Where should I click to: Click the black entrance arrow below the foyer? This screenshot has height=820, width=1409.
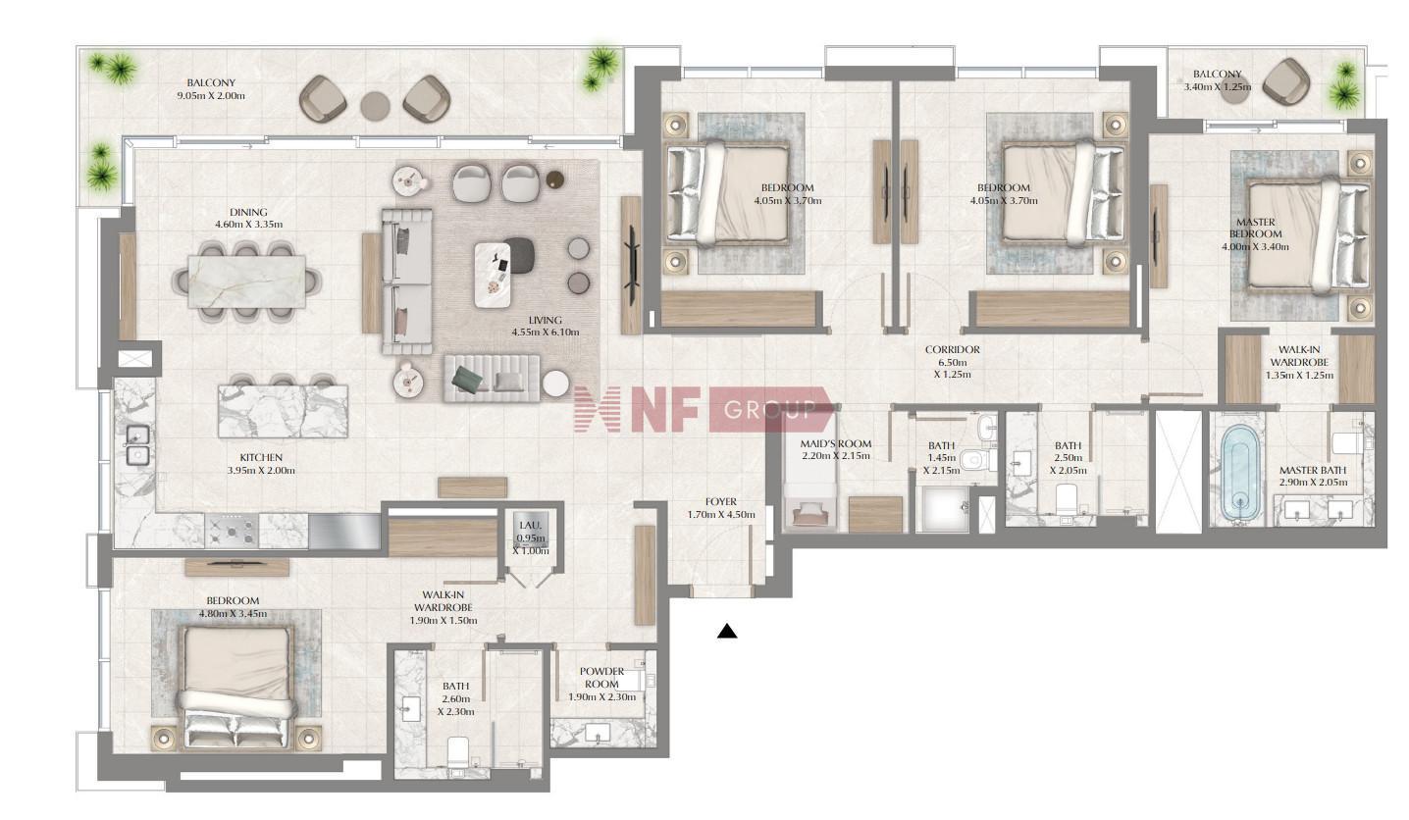pyautogui.click(x=726, y=631)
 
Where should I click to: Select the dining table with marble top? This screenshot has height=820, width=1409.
pyautogui.click(x=247, y=282)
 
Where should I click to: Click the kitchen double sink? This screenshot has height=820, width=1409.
pyautogui.click(x=137, y=444)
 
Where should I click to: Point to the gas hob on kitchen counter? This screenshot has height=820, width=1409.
pyautogui.click(x=232, y=530)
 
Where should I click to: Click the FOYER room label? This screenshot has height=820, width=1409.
pyautogui.click(x=721, y=502)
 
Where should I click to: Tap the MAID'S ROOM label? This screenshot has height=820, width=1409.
pyautogui.click(x=835, y=443)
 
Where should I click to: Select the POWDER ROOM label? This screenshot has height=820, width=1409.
pyautogui.click(x=602, y=677)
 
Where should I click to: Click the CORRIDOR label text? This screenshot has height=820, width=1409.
pyautogui.click(x=953, y=349)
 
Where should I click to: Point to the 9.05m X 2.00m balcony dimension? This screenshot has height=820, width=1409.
pyautogui.click(x=211, y=96)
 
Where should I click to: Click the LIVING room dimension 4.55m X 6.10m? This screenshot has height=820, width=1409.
pyautogui.click(x=546, y=333)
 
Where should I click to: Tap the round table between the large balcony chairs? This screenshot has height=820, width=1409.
pyautogui.click(x=375, y=105)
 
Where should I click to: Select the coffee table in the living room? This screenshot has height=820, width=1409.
pyautogui.click(x=493, y=276)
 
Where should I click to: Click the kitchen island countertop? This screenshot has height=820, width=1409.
pyautogui.click(x=283, y=411)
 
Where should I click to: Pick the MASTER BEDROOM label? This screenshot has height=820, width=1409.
pyautogui.click(x=1256, y=228)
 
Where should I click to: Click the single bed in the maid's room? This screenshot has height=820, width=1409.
pyautogui.click(x=809, y=488)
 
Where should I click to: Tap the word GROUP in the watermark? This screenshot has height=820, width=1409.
pyautogui.click(x=768, y=410)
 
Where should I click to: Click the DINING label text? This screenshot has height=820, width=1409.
pyautogui.click(x=248, y=212)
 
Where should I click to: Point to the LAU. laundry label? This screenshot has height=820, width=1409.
pyautogui.click(x=530, y=525)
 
